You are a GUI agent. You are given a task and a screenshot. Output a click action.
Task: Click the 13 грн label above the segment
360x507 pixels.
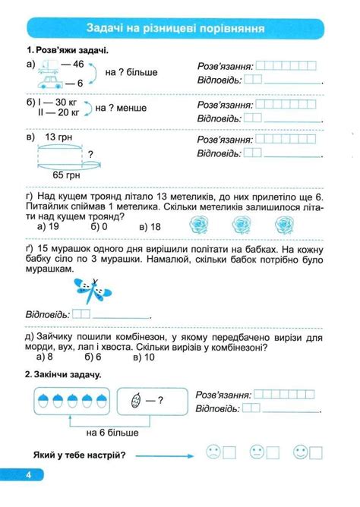(58, 137)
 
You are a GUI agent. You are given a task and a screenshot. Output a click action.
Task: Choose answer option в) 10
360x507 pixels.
(144, 356)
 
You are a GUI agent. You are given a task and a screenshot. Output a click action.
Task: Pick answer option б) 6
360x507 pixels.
(94, 356)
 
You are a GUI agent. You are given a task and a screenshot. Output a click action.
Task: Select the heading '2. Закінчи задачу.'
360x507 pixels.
(63, 374)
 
